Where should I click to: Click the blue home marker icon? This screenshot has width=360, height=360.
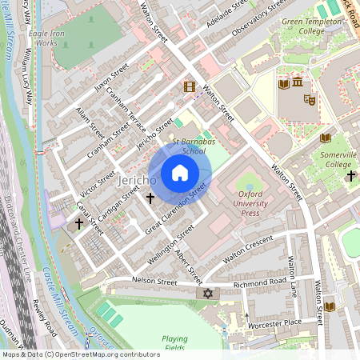click(179, 173)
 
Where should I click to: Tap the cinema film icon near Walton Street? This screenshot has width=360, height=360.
click(189, 86)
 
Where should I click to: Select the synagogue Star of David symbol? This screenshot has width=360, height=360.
click(209, 294)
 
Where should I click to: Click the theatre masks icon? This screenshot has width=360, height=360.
click(310, 98)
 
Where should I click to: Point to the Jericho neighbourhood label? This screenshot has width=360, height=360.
click(137, 182)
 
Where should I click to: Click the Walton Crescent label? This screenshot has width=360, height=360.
click(247, 249)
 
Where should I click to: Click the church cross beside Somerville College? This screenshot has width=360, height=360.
click(349, 174)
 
